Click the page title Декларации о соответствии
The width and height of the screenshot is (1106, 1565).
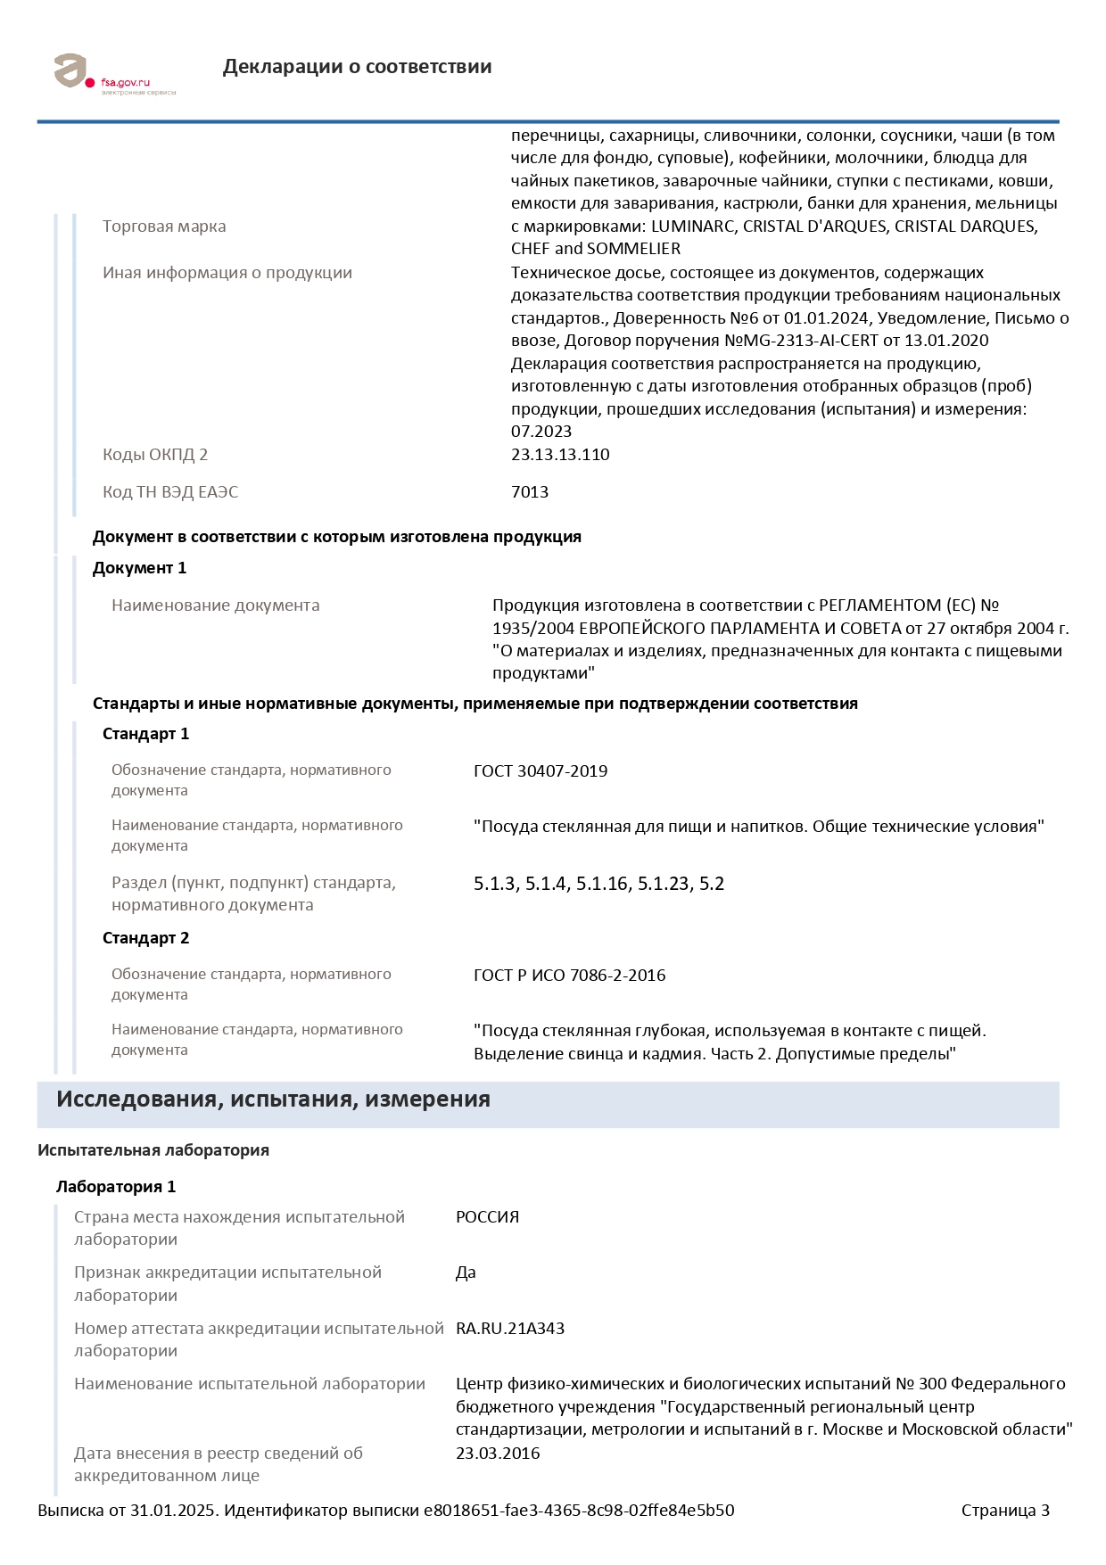click(x=357, y=67)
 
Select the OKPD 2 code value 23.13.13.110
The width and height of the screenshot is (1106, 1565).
click(x=560, y=455)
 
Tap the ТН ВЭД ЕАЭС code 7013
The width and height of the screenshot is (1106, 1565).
click(x=530, y=492)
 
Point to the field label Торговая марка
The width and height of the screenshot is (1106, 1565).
click(x=164, y=227)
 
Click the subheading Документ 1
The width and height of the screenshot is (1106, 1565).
click(x=139, y=568)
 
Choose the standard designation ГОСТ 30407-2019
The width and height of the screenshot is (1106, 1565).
click(x=541, y=771)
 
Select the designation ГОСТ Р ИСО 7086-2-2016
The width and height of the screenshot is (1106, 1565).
click(x=569, y=976)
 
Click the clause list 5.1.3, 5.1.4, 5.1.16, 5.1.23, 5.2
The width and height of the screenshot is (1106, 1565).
click(x=598, y=885)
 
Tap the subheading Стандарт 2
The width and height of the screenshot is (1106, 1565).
click(x=145, y=938)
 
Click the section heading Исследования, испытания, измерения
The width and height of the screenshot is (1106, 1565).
click(x=273, y=1100)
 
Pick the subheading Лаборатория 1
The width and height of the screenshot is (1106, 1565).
click(x=116, y=1187)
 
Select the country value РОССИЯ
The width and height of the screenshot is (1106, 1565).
click(x=487, y=1217)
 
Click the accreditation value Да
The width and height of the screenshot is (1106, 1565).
click(x=466, y=1273)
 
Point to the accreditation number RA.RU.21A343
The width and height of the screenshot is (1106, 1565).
click(x=510, y=1329)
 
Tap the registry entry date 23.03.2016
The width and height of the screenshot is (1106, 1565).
click(x=498, y=1454)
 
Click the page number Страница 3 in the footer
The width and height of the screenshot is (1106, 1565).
click(x=1005, y=1511)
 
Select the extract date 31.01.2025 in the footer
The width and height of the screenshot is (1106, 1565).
click(x=174, y=1511)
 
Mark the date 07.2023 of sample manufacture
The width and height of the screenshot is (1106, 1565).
click(x=541, y=432)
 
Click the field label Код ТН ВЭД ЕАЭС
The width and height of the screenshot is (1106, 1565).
click(x=170, y=492)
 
